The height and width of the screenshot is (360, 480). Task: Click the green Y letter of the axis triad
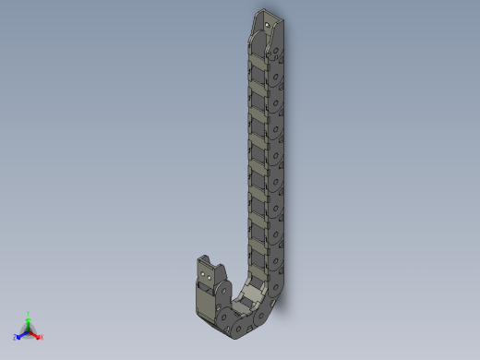pyautogui.click(x=29, y=313)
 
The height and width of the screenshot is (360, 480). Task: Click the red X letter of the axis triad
pyautogui.click(x=42, y=337)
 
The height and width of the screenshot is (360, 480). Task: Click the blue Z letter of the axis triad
pyautogui.click(x=16, y=338)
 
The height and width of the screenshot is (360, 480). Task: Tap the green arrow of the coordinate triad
pyautogui.click(x=29, y=321)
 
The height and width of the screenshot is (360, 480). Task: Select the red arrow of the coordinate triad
pyautogui.click(x=35, y=334)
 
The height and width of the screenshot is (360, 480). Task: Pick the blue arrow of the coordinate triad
pyautogui.click(x=22, y=334)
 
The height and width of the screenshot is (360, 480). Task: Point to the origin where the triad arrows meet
pyautogui.click(x=29, y=330)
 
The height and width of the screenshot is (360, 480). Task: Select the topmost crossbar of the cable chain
pyautogui.click(x=258, y=61)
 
